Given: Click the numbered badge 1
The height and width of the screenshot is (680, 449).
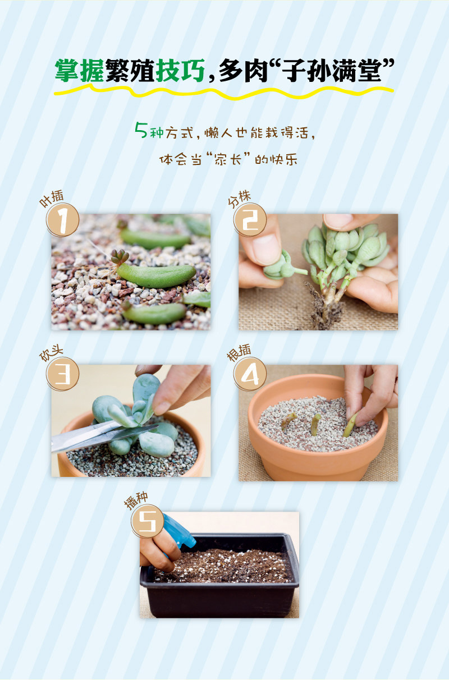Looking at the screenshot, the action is (63, 220).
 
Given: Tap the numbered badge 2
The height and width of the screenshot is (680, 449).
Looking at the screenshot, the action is (250, 220).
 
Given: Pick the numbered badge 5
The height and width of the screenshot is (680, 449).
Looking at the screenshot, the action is (148, 521).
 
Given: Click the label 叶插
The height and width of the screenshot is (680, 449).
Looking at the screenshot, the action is (52, 198).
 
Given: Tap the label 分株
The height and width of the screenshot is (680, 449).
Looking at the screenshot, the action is (240, 199).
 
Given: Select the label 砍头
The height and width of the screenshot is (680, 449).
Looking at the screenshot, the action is (52, 353).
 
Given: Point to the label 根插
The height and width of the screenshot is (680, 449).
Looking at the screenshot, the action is (239, 352).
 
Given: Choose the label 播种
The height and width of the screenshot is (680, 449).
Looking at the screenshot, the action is (136, 500).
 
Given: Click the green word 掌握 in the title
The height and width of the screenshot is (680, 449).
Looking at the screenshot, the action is (80, 71).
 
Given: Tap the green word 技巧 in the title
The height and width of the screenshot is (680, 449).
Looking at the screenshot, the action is (180, 71).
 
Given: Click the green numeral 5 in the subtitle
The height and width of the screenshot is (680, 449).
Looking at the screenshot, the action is (141, 130).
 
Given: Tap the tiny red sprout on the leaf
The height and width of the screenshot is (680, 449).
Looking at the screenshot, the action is (120, 258).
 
